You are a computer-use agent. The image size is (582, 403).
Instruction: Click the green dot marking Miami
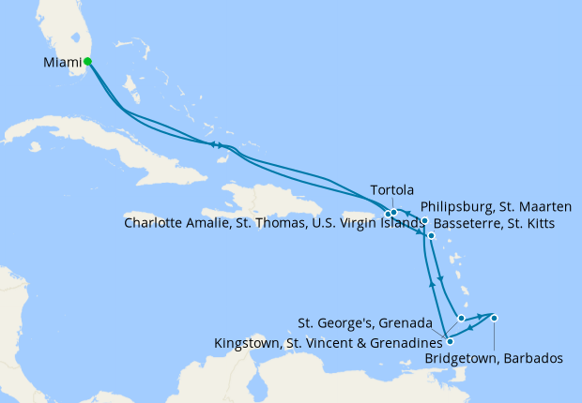tap(87, 62)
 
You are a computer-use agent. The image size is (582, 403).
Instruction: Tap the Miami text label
tap(62, 64)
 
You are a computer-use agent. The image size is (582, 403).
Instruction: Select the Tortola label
tap(392, 188)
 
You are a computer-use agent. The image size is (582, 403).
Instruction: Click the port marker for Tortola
tap(394, 213)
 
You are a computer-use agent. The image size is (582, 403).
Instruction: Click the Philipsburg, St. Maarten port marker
tap(424, 221)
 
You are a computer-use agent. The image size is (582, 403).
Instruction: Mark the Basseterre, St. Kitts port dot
tap(431, 236)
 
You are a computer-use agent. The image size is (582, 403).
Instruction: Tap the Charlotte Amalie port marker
tap(388, 215)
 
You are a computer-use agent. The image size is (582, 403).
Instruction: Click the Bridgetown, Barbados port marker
tap(494, 318)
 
